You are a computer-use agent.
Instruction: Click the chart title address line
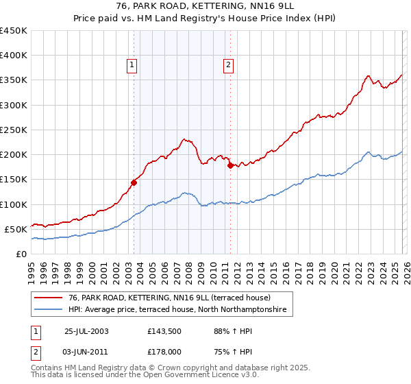[x=205, y=6]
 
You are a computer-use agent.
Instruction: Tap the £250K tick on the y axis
[x=14, y=130]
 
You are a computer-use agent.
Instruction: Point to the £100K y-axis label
[x=14, y=204]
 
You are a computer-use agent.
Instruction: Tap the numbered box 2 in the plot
[x=227, y=65]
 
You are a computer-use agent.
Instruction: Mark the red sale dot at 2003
[x=134, y=182]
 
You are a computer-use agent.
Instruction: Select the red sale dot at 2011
[x=230, y=165]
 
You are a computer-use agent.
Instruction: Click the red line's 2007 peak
[x=184, y=139]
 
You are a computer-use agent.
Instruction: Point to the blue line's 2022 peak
[x=368, y=152]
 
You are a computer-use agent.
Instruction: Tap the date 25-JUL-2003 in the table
[x=86, y=331]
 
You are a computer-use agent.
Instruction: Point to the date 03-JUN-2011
[x=86, y=353]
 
